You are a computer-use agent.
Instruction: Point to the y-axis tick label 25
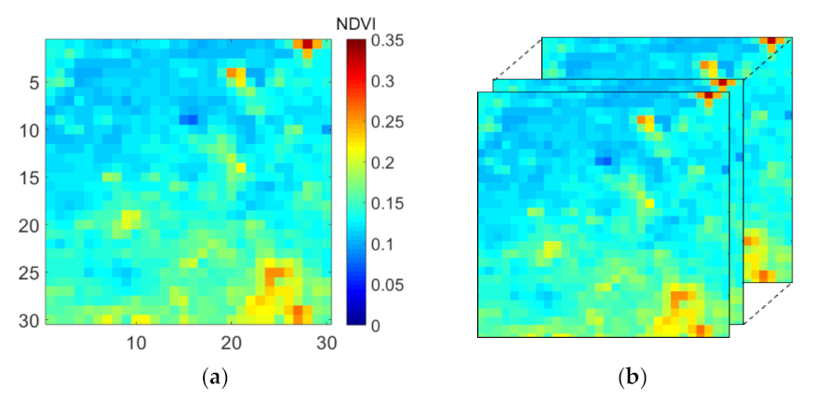tap(28, 274)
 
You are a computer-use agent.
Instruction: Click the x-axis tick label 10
tap(137, 342)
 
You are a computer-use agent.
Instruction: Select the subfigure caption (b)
tap(633, 378)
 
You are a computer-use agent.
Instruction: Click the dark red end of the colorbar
tap(355, 44)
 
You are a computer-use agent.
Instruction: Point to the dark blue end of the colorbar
tap(355, 320)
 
